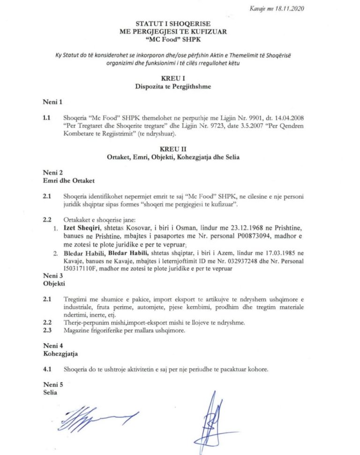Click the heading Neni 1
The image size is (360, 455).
pos(52,102)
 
